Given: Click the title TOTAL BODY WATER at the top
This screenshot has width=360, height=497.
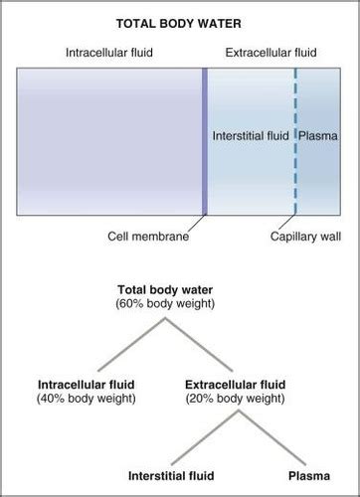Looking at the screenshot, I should [x=180, y=19].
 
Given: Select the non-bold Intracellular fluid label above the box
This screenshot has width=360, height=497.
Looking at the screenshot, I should [x=109, y=51].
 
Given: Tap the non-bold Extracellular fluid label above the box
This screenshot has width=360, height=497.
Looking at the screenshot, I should [x=269, y=51].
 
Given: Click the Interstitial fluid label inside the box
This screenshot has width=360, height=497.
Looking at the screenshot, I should [x=252, y=134].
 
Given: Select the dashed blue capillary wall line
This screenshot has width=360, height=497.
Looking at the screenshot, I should [x=295, y=109].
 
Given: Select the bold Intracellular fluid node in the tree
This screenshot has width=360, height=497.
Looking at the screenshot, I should [x=86, y=384].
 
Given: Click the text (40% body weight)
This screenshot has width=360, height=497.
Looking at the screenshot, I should [x=86, y=398].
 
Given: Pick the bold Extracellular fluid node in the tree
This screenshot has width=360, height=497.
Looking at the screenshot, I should [x=235, y=384].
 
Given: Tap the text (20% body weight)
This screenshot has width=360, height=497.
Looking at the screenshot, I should [x=235, y=398].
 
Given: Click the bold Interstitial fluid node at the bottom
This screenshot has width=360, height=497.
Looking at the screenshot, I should [x=175, y=476].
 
